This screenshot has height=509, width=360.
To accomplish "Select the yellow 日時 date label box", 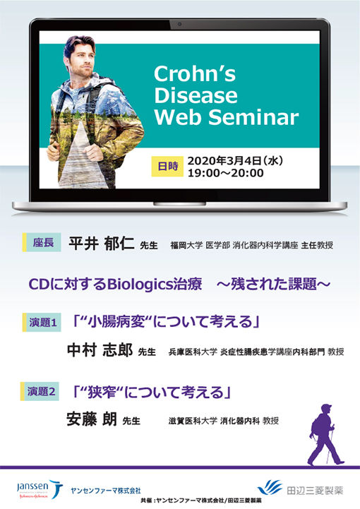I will click(168, 167).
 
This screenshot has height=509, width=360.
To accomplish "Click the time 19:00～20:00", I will click(225, 174).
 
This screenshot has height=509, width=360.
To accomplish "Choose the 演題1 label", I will click(42, 323).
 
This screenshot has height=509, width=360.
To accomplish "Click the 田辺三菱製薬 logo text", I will click(316, 487).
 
